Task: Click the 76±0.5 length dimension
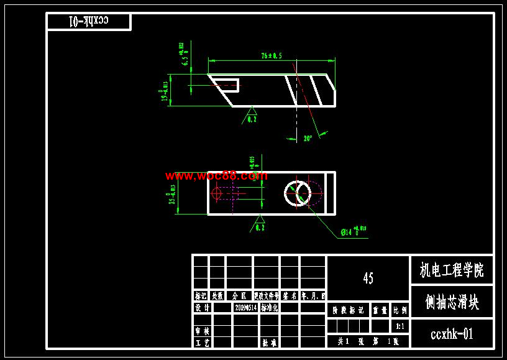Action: pos(272,56)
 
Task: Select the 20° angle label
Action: pos(308,138)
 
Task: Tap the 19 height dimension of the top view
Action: pos(165,91)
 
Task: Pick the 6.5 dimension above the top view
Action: pos(184,55)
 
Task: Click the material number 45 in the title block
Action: pos(368,278)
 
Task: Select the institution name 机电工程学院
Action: pos(452,270)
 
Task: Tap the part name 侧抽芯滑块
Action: pos(452,302)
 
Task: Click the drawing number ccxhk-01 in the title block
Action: pos(452,334)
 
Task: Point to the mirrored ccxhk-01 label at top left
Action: pos(88,21)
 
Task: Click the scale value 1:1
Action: pos(400,326)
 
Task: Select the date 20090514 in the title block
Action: pos(245,307)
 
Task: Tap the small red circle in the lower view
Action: pos(216,193)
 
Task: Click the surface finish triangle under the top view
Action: pos(252,111)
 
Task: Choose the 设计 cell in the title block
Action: pos(202,307)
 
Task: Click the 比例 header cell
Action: pos(400,309)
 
